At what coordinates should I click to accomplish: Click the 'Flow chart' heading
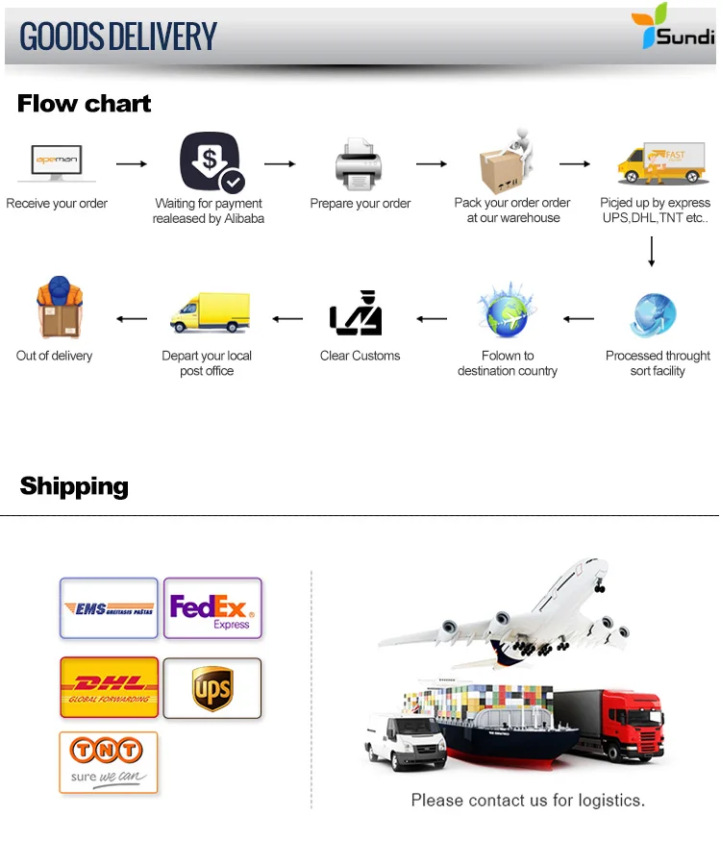point(85,104)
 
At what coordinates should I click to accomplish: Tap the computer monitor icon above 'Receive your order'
point(57,162)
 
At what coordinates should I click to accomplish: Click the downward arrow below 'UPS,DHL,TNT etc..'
point(652,251)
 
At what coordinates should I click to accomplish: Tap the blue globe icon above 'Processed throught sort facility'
point(656,314)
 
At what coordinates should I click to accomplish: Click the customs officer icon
point(356,312)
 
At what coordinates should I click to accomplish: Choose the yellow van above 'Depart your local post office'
point(209,313)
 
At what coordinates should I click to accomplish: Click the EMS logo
point(109,607)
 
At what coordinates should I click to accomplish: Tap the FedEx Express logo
point(212,608)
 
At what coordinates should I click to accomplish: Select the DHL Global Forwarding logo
point(109,687)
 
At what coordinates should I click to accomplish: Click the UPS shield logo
point(212,688)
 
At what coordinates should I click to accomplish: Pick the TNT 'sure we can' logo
point(109,762)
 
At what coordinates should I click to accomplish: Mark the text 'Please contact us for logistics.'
point(528,800)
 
